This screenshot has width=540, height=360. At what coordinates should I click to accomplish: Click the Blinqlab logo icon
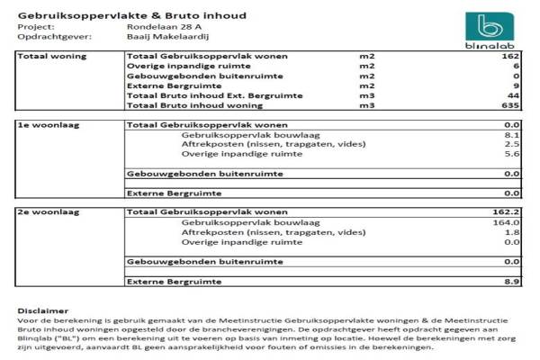(x=492, y=26)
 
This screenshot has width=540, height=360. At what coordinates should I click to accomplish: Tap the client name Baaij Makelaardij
(x=166, y=38)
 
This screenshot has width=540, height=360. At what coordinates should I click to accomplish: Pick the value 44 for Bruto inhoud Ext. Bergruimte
(x=514, y=95)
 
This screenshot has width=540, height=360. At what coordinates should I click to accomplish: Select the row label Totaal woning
(x=53, y=57)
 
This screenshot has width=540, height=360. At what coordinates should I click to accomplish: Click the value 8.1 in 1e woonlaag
(x=513, y=135)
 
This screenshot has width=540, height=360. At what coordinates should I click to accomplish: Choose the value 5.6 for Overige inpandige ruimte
(x=513, y=154)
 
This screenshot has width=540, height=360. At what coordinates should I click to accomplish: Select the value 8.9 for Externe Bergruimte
(x=513, y=282)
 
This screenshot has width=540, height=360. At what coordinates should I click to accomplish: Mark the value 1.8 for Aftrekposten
(x=513, y=232)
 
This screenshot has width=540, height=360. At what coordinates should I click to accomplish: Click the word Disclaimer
(x=42, y=310)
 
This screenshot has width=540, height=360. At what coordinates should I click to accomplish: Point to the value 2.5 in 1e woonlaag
(x=513, y=144)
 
